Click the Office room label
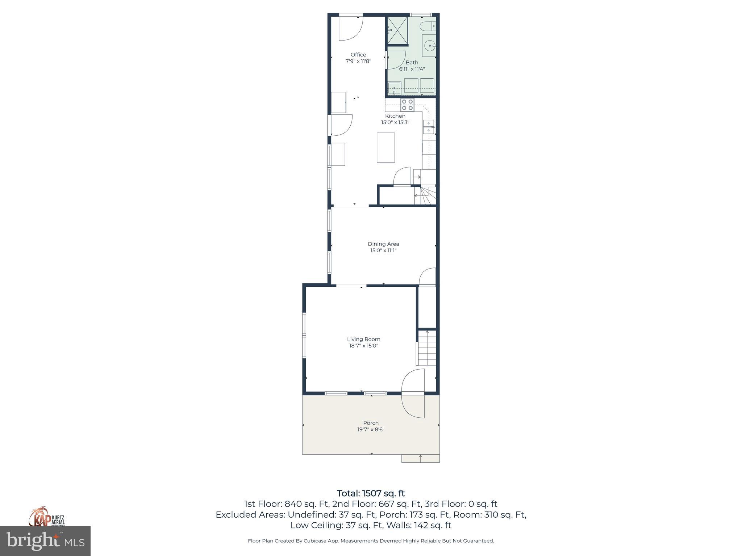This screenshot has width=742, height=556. (x=358, y=55)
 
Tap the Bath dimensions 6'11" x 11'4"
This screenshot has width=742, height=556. (x=412, y=69)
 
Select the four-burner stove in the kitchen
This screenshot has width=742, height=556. (x=407, y=105)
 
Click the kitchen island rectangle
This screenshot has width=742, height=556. (x=385, y=147)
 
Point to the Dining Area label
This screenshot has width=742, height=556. (x=383, y=244)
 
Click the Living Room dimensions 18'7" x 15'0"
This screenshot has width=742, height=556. (x=363, y=346)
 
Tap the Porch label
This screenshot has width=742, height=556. (x=371, y=423)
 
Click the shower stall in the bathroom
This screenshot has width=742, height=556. (x=397, y=30)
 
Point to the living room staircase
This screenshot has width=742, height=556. (x=427, y=348)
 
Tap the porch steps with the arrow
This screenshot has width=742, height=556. (x=420, y=459)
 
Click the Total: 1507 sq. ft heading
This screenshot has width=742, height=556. (x=371, y=493)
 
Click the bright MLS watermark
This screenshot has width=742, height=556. (x=45, y=541)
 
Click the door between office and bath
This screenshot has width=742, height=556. (x=395, y=60)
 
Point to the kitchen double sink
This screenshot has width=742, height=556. (x=428, y=127)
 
